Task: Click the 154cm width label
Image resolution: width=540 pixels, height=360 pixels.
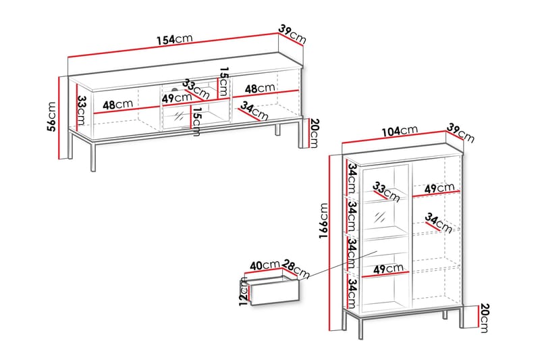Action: pos(175,39)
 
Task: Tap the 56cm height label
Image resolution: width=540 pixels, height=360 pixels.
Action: pos(51,116)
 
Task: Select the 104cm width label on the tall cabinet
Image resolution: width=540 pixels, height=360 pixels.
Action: pos(400,131)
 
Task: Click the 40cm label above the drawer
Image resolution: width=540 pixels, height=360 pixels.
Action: pos(265,265)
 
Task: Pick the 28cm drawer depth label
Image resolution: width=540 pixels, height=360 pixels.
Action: pos(296,268)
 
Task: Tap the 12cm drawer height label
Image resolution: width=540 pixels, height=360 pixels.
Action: pos(244,292)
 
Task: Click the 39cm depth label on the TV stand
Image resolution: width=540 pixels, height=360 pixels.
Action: pos(292,34)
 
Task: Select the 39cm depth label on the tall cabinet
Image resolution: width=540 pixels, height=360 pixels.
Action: pos(461,132)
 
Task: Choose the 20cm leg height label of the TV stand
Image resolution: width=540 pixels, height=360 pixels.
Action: pos(315,133)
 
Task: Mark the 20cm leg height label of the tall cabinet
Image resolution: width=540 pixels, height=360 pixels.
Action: pos(484,318)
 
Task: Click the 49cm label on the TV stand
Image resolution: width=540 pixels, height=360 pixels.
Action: pos(177,98)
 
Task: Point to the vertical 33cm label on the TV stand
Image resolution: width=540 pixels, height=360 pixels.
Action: pos(82,110)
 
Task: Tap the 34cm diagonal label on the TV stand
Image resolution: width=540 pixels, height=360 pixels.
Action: pos(254,111)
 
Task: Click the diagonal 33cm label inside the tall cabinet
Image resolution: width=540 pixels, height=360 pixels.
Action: pos(386,192)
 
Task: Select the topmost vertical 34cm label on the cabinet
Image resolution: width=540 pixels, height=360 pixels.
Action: pos(352,178)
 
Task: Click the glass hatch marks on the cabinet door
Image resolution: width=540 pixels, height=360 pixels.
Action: pos(380,217)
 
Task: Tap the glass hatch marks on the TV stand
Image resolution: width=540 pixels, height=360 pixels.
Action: pos(179,116)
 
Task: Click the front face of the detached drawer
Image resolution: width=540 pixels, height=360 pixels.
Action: pos(275,292)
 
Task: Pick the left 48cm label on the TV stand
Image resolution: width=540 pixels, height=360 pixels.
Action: pos(117,105)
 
